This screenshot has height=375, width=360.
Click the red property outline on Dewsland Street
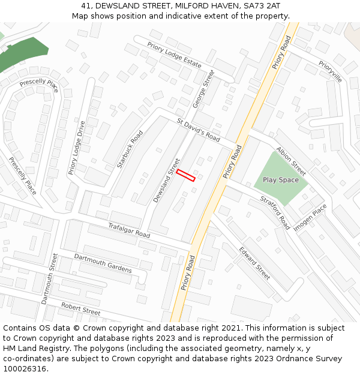coord(186,175)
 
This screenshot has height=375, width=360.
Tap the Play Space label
coord(280,180)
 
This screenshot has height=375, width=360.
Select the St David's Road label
coord(199,128)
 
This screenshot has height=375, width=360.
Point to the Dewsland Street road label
coord(166,180)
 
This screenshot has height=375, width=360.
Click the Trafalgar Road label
coord(129,230)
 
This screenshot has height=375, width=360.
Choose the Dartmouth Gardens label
coord(103,263)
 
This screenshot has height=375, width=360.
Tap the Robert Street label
coord(80,308)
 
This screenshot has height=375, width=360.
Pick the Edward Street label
coord(254,263)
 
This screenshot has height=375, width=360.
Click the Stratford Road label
coord(275,212)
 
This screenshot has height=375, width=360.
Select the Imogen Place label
coord(310,217)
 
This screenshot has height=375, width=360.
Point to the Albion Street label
coord(291,161)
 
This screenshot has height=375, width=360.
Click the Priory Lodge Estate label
coord(175,55)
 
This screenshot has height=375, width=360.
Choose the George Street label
coord(203,89)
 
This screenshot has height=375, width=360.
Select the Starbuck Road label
coord(130,149)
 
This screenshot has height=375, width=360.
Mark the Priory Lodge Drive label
coord(77,148)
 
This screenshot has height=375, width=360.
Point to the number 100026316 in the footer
coord(24,368)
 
